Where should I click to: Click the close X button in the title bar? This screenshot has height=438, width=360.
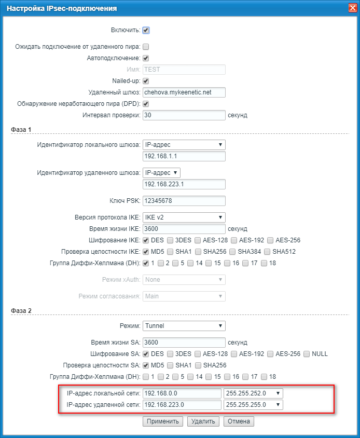(351, 8)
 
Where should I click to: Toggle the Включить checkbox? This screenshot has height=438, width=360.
(146, 31)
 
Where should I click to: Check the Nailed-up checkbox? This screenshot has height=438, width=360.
(146, 81)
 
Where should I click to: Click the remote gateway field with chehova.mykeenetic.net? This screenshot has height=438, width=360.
(184, 92)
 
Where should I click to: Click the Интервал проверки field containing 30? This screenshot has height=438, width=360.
(184, 115)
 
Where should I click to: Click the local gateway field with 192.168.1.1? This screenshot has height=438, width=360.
(184, 156)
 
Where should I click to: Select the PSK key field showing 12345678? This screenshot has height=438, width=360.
(184, 201)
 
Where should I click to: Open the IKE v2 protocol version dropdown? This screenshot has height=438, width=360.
(184, 217)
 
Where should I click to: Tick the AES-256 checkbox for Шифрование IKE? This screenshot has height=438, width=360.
(270, 240)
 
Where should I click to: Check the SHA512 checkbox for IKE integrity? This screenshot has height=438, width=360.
(267, 252)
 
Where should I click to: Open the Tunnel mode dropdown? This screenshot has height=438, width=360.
(184, 326)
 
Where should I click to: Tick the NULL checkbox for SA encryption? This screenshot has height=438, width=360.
(307, 354)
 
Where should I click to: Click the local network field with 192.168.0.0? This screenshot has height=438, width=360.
(181, 393)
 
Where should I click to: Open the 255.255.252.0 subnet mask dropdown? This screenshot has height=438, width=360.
(253, 393)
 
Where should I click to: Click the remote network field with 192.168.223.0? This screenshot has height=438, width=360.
(181, 405)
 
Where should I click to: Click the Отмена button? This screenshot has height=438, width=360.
(239, 421)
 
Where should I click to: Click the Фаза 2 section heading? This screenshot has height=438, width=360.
(21, 310)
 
